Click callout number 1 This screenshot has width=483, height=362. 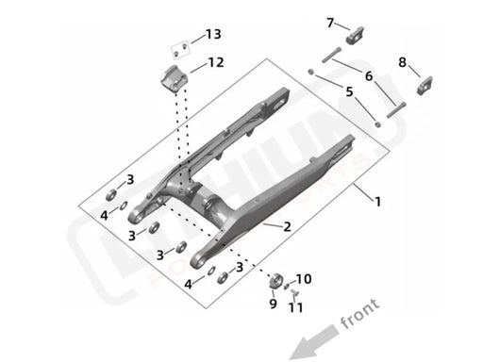(379, 202)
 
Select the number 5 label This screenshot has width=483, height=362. (350, 92)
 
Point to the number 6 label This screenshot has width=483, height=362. (370, 75)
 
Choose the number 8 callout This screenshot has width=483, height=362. (402, 62)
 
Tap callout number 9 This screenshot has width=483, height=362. (274, 304)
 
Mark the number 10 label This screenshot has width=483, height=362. (303, 279)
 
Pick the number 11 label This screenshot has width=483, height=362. (295, 307)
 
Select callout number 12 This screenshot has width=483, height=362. (216, 64)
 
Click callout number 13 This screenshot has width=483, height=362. (213, 35)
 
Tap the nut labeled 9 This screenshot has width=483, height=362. (275, 280)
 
